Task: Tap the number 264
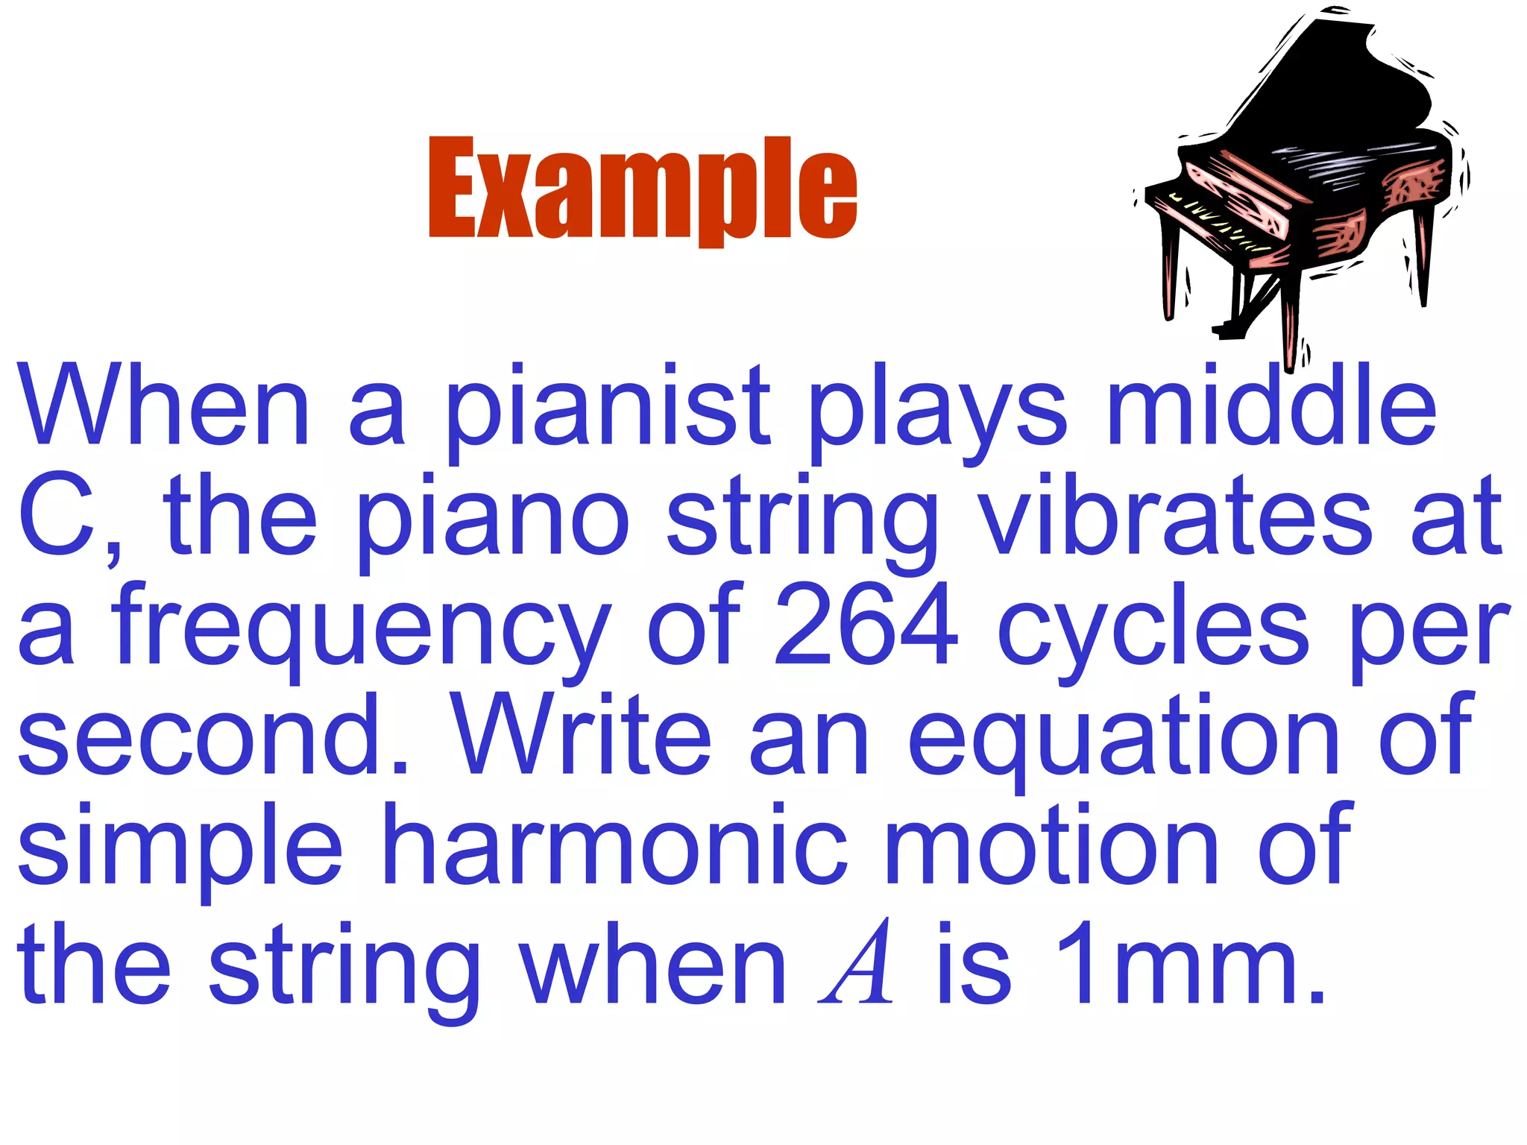coord(866,626)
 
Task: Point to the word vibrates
coord(1175,517)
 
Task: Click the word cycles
coord(1153,630)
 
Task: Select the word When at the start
coord(164,406)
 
